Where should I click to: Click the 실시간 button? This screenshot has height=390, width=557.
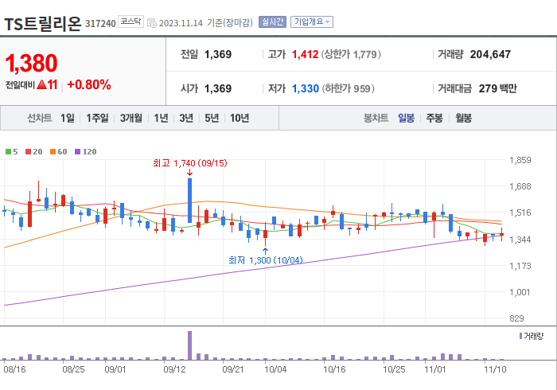(271, 22)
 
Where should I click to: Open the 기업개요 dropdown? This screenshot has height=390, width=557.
(312, 22)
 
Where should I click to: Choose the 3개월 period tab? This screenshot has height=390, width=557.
(131, 118)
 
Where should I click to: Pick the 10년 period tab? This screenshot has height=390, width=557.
(239, 118)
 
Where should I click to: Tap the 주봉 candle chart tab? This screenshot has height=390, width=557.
(434, 118)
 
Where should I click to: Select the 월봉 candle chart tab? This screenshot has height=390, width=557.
(463, 118)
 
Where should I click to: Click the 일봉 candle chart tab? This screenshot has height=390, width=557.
(406, 118)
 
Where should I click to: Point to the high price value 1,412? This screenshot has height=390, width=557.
(305, 55)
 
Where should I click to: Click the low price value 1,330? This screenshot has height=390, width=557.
(305, 88)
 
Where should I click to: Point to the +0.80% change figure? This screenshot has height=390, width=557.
(88, 84)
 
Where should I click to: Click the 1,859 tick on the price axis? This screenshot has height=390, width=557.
(520, 161)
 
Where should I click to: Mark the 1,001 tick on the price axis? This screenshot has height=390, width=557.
(520, 292)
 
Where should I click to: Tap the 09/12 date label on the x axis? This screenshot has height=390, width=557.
(174, 369)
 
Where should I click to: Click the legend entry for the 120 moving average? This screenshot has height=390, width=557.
(86, 151)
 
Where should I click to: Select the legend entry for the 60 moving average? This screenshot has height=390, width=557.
(59, 151)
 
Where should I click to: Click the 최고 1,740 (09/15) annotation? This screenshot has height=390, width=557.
(190, 163)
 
